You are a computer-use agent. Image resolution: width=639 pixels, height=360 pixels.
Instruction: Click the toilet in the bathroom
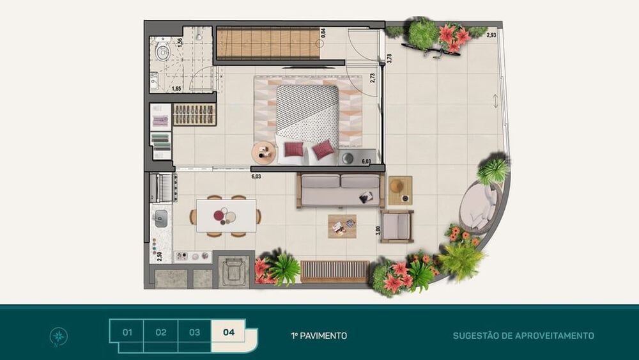click(162, 49)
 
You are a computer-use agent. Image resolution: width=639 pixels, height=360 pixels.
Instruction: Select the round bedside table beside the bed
click(264, 153)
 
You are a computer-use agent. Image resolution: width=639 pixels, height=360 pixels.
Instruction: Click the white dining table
click(226, 215)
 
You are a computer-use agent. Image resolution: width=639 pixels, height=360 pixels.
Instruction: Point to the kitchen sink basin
click(160, 219)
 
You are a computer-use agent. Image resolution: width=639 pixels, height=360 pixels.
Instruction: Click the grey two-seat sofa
click(341, 191)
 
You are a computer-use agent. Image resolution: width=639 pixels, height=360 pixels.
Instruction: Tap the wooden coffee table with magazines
click(343, 226)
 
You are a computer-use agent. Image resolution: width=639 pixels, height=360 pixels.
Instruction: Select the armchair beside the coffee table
click(397, 226)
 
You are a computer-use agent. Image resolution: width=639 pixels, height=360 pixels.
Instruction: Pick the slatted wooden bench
click(335, 272)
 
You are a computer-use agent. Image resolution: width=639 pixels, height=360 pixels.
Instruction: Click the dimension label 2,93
click(491, 35)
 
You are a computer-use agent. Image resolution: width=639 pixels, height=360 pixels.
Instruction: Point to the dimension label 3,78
click(389, 58)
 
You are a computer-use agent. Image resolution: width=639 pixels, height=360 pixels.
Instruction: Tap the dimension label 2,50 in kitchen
click(159, 256)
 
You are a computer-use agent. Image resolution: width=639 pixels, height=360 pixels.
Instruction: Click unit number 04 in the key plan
click(229, 333)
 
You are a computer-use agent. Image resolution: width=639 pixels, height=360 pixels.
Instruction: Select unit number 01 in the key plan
click(127, 333)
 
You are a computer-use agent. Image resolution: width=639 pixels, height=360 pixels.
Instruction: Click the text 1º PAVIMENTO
click(319, 336)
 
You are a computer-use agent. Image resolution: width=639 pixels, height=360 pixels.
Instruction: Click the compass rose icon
click(58, 336)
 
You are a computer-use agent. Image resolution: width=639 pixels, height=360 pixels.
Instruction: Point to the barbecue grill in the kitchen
click(162, 187)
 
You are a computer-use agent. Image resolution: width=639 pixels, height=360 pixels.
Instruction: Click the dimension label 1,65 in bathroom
click(176, 88)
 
